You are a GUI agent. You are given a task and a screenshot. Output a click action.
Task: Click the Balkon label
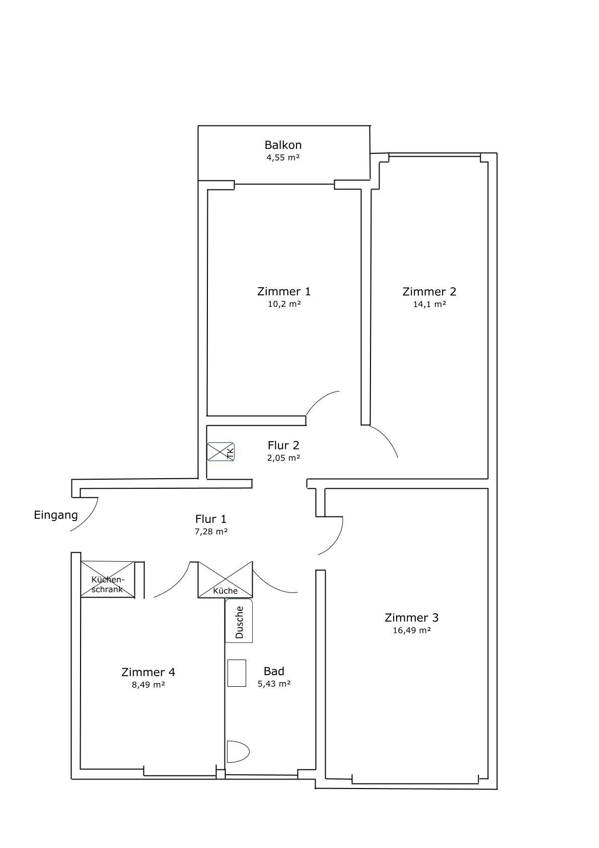tap(283, 145)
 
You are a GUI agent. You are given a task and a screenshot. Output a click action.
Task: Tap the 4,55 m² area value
tap(283, 158)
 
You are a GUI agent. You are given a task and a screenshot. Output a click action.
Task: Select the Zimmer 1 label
tap(283, 292)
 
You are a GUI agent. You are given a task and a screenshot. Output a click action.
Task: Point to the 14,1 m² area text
tap(429, 304)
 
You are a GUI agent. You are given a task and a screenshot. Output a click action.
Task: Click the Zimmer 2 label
tap(429, 292)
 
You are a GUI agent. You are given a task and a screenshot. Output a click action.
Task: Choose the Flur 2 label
tap(283, 445)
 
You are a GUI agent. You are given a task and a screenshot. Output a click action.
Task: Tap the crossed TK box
tap(221, 451)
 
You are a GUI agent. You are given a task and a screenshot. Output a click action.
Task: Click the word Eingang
tap(56, 515)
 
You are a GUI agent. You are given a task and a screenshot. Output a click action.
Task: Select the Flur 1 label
tap(211, 518)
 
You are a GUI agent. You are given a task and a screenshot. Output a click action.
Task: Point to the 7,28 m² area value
tap(211, 532)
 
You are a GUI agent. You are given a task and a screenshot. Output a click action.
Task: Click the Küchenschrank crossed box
tap(108, 579)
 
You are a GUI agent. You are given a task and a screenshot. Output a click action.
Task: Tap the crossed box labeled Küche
tap(226, 579)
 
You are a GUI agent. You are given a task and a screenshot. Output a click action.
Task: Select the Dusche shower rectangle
tap(239, 620)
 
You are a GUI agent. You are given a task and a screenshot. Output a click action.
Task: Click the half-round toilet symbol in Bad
tap(238, 751)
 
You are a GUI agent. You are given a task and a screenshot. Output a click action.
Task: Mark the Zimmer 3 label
tap(411, 617)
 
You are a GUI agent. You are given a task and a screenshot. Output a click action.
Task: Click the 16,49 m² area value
tap(411, 630)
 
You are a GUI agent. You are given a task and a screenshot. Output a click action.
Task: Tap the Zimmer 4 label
tap(148, 672)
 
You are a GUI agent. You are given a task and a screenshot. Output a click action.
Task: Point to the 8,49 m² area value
tap(148, 685)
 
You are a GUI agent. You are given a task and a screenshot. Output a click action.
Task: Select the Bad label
tap(274, 671)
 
